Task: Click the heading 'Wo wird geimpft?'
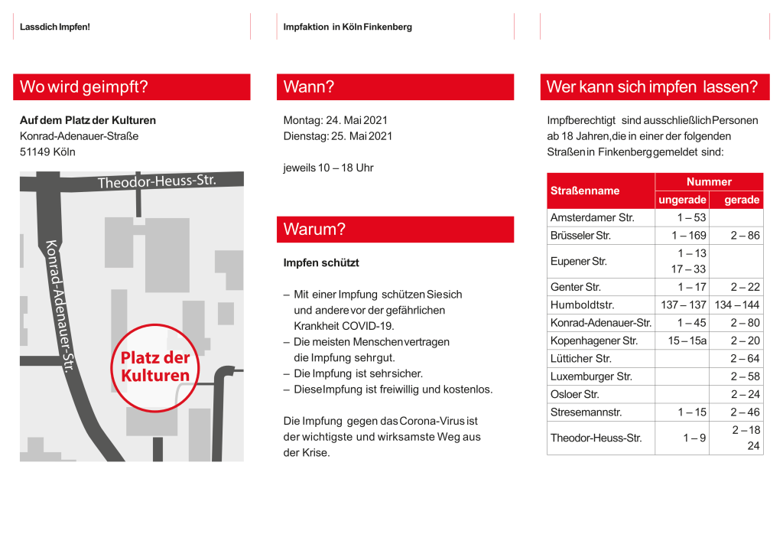point(84,87)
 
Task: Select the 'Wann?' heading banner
point(309,87)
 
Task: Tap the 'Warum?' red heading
point(314,230)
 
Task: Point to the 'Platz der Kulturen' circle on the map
point(155,367)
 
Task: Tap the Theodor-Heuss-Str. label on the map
point(157,182)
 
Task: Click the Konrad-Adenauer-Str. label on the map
point(59,306)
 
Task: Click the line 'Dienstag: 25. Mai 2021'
point(338,136)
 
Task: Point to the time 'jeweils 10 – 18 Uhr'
point(328,168)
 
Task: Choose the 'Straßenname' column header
point(585,191)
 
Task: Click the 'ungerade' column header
point(682,200)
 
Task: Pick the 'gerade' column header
point(742,200)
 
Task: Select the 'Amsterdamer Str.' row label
point(593,217)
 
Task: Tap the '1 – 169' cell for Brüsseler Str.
point(689,236)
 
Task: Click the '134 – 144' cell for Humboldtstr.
point(737,305)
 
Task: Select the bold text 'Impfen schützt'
point(320,262)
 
